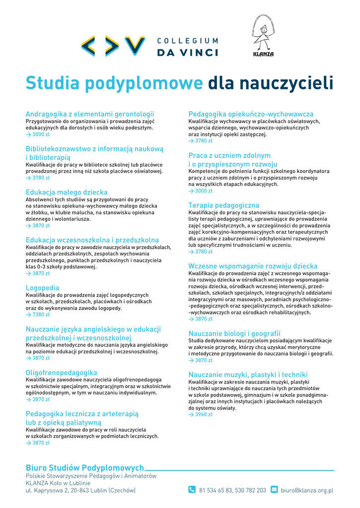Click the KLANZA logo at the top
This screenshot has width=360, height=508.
[x=263, y=36]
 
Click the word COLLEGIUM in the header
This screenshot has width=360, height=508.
[x=187, y=41]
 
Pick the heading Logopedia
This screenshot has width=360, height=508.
[x=42, y=288]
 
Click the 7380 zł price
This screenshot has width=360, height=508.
[x=41, y=315]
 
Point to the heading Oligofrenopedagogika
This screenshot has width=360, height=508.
[x=62, y=373]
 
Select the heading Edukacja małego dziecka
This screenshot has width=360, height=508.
[x=67, y=192]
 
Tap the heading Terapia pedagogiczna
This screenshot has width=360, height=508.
[x=223, y=205]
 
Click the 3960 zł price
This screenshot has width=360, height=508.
[x=204, y=414]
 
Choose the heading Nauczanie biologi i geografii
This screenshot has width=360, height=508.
[x=234, y=333]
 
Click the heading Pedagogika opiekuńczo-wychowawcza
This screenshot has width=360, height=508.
[x=251, y=114]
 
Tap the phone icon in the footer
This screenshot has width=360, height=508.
[x=192, y=490]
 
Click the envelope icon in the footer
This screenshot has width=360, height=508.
[x=274, y=490]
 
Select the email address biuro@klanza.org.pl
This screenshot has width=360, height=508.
[x=307, y=490]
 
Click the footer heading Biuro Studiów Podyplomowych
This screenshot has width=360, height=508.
[x=85, y=467]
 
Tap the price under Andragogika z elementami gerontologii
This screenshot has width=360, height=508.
[x=41, y=134]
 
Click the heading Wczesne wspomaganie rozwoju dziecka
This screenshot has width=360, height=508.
[x=253, y=266]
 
